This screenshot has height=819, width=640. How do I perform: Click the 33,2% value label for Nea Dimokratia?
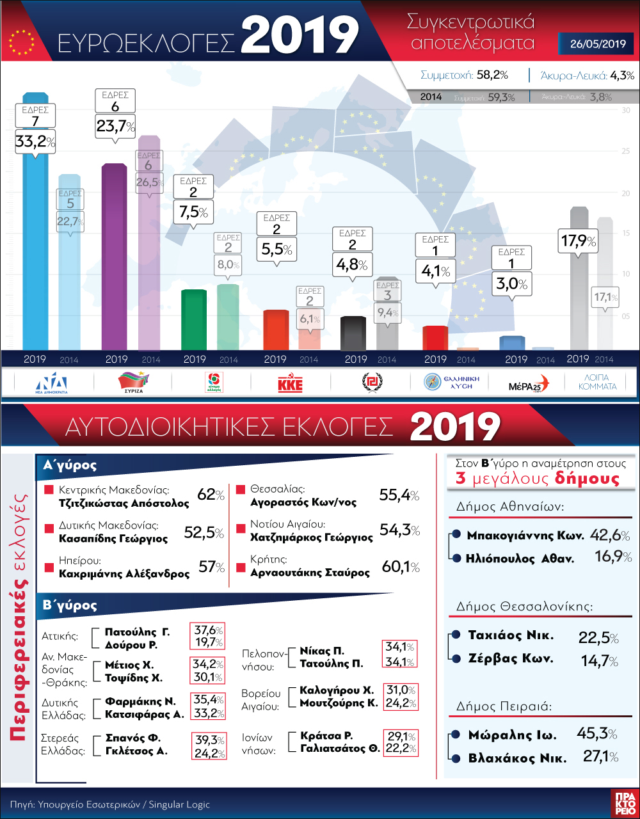pyautogui.click(x=35, y=141)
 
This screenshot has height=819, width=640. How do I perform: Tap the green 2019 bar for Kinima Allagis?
pyautogui.click(x=194, y=320)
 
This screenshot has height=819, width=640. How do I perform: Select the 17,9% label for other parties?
pyautogui.click(x=578, y=242)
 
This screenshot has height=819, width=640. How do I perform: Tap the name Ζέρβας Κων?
pyautogui.click(x=501, y=658)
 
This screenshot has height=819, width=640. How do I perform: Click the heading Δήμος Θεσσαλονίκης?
pyautogui.click(x=525, y=606)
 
